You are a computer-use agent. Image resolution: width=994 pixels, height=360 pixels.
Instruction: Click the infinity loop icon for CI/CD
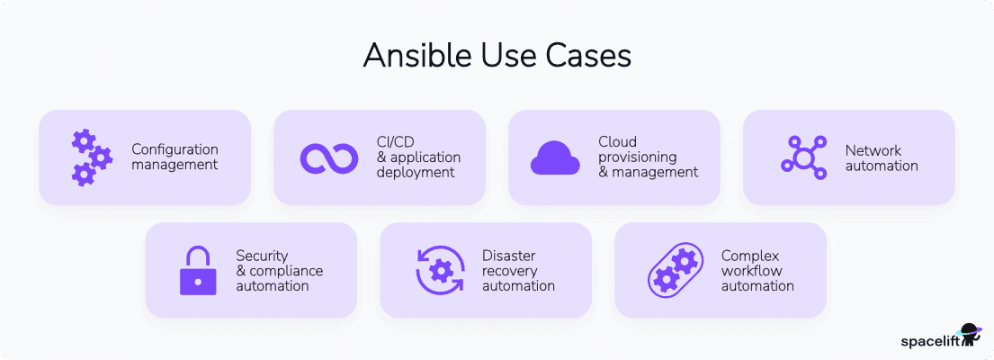click(329, 157)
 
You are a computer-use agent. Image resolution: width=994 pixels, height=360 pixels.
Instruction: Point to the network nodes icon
click(802, 157)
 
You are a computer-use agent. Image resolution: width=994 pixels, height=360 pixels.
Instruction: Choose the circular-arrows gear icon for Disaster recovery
click(440, 270)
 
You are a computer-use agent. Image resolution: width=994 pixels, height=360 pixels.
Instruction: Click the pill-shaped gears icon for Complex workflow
click(675, 270)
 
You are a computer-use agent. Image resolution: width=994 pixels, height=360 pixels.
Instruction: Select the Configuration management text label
click(175, 157)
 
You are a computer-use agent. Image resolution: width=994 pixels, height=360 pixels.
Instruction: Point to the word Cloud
click(617, 141)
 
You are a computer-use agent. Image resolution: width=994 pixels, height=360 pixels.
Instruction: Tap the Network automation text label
click(881, 157)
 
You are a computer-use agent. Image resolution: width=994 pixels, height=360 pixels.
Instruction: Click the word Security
click(262, 255)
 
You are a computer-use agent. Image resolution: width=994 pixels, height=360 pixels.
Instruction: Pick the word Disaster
click(509, 255)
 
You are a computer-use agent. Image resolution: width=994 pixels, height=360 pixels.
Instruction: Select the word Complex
click(749, 255)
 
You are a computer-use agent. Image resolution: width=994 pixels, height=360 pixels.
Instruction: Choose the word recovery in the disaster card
click(509, 270)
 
